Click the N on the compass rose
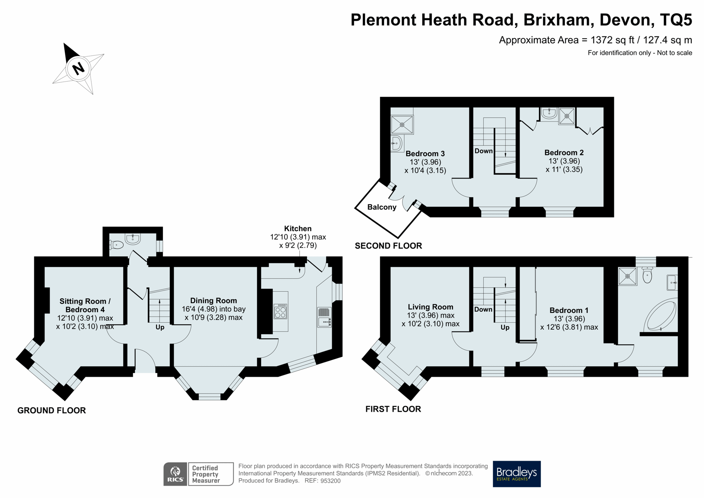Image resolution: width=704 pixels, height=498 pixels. pos(78,69)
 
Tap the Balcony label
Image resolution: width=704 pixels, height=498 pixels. pos(382,207)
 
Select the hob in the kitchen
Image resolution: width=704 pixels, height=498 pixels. pos(280,311)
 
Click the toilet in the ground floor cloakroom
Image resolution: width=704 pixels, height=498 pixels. pos(117,244)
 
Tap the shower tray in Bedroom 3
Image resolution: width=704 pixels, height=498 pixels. pos(402,125)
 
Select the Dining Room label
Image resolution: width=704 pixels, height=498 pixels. pos(213,300)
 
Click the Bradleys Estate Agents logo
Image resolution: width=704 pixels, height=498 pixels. pos(516,474)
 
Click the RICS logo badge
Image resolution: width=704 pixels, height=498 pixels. pos(175,474)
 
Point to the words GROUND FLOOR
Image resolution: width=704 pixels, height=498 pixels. pos(52,410)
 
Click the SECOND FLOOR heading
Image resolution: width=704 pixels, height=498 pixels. pos(388,246)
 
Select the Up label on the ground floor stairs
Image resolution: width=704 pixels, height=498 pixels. pos(160,327)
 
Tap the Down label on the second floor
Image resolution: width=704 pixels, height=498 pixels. pos(483,151)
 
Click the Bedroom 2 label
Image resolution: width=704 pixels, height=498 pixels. pos(564,153)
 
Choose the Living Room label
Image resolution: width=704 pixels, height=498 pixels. pos(430,307)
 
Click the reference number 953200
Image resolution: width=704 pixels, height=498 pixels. pos(330,481)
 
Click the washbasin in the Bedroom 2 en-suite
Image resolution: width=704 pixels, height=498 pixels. pos(549,113)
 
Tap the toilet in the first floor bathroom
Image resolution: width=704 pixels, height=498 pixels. pos(647,276)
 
